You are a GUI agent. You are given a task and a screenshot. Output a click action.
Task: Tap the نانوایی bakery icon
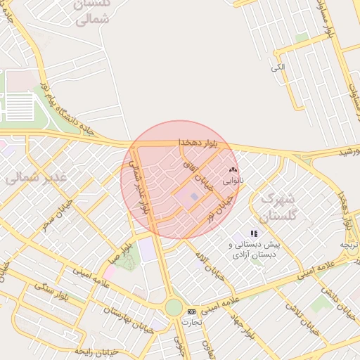pyautogui.click(x=233, y=170)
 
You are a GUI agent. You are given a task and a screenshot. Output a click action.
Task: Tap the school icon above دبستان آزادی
pyautogui.click(x=254, y=233)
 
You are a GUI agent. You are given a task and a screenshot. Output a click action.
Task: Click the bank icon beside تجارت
pyautogui.click(x=191, y=311)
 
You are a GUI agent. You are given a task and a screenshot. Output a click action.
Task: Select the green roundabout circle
pyautogui.click(x=174, y=307)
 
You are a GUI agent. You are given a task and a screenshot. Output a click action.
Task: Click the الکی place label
pyautogui.click(x=278, y=67)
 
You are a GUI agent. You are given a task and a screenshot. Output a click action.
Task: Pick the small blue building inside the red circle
pyautogui.click(x=194, y=196)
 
